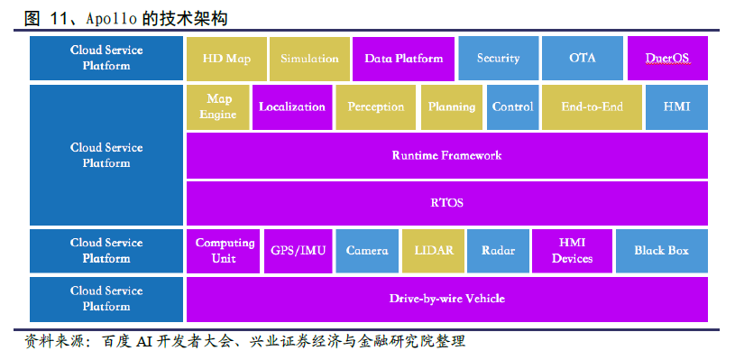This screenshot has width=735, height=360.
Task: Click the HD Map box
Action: (x=227, y=59)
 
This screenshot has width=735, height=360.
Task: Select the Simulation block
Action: (x=310, y=59)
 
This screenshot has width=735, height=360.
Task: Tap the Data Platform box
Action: (x=404, y=59)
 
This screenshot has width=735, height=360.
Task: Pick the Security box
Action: (x=499, y=59)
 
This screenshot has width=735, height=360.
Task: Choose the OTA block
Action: (x=583, y=59)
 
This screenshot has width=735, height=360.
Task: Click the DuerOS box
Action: (x=667, y=59)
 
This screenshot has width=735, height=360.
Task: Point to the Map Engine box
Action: (x=218, y=107)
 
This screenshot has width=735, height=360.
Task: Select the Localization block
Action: (x=292, y=107)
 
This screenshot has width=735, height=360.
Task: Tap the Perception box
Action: (x=375, y=107)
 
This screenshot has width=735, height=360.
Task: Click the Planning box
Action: (x=452, y=107)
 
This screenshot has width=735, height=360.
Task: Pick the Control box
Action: (x=513, y=107)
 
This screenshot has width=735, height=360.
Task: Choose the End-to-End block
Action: (x=592, y=107)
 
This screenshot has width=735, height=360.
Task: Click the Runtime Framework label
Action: (x=446, y=155)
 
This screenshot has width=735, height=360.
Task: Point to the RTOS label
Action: (x=446, y=203)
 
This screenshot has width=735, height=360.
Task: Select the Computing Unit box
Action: (x=223, y=251)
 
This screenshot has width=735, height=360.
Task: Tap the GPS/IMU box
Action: (x=299, y=251)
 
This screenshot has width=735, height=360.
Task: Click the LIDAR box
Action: (x=434, y=251)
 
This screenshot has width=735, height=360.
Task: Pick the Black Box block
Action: (x=662, y=251)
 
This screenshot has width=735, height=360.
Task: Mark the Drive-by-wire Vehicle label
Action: (x=446, y=299)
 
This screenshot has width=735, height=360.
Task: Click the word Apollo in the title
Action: (x=112, y=19)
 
